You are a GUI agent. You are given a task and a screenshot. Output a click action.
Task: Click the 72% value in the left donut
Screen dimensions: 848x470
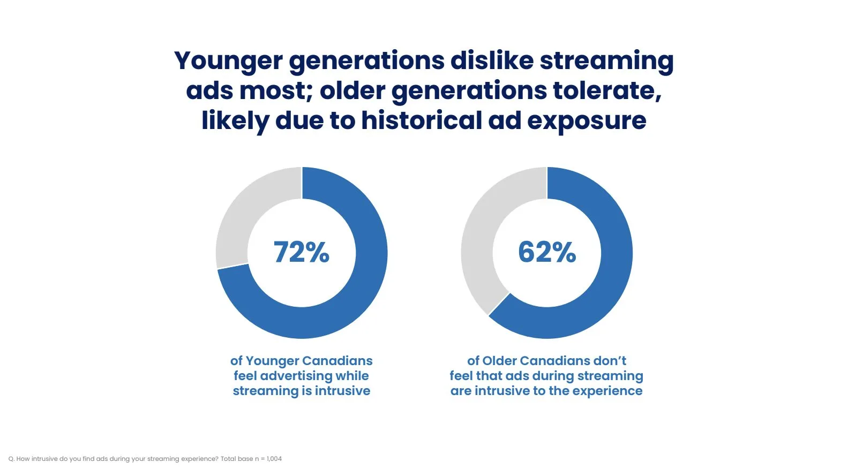click(x=302, y=252)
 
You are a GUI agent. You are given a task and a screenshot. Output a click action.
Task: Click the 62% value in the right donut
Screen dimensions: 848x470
click(x=546, y=252)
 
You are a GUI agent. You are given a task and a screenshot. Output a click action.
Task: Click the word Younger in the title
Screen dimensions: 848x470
click(x=228, y=62)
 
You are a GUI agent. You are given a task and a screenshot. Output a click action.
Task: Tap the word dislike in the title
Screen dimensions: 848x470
click(x=492, y=60)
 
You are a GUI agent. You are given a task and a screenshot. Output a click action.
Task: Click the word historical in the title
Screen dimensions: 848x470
click(x=422, y=120)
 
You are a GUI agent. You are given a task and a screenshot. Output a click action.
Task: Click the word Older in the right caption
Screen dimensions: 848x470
click(x=502, y=361)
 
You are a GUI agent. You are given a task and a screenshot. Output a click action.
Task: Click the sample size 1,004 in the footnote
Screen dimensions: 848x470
click(x=274, y=459)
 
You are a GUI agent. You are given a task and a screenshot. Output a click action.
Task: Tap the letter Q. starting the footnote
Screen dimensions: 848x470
click(x=11, y=459)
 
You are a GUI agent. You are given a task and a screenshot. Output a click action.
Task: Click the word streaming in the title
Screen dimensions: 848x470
click(x=607, y=62)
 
